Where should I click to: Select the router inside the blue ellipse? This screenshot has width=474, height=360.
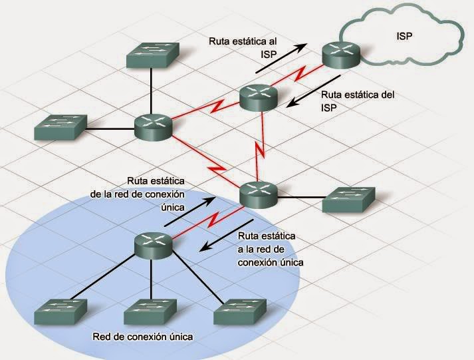[x=152, y=244]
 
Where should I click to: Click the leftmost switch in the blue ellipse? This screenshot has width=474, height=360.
[x=60, y=311]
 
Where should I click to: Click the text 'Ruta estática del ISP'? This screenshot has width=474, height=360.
[x=356, y=100]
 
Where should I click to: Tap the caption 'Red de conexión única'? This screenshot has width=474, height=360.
[x=143, y=337]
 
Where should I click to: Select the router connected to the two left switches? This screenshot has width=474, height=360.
[x=152, y=126]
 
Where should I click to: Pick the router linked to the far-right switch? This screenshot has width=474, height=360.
[x=258, y=194]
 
